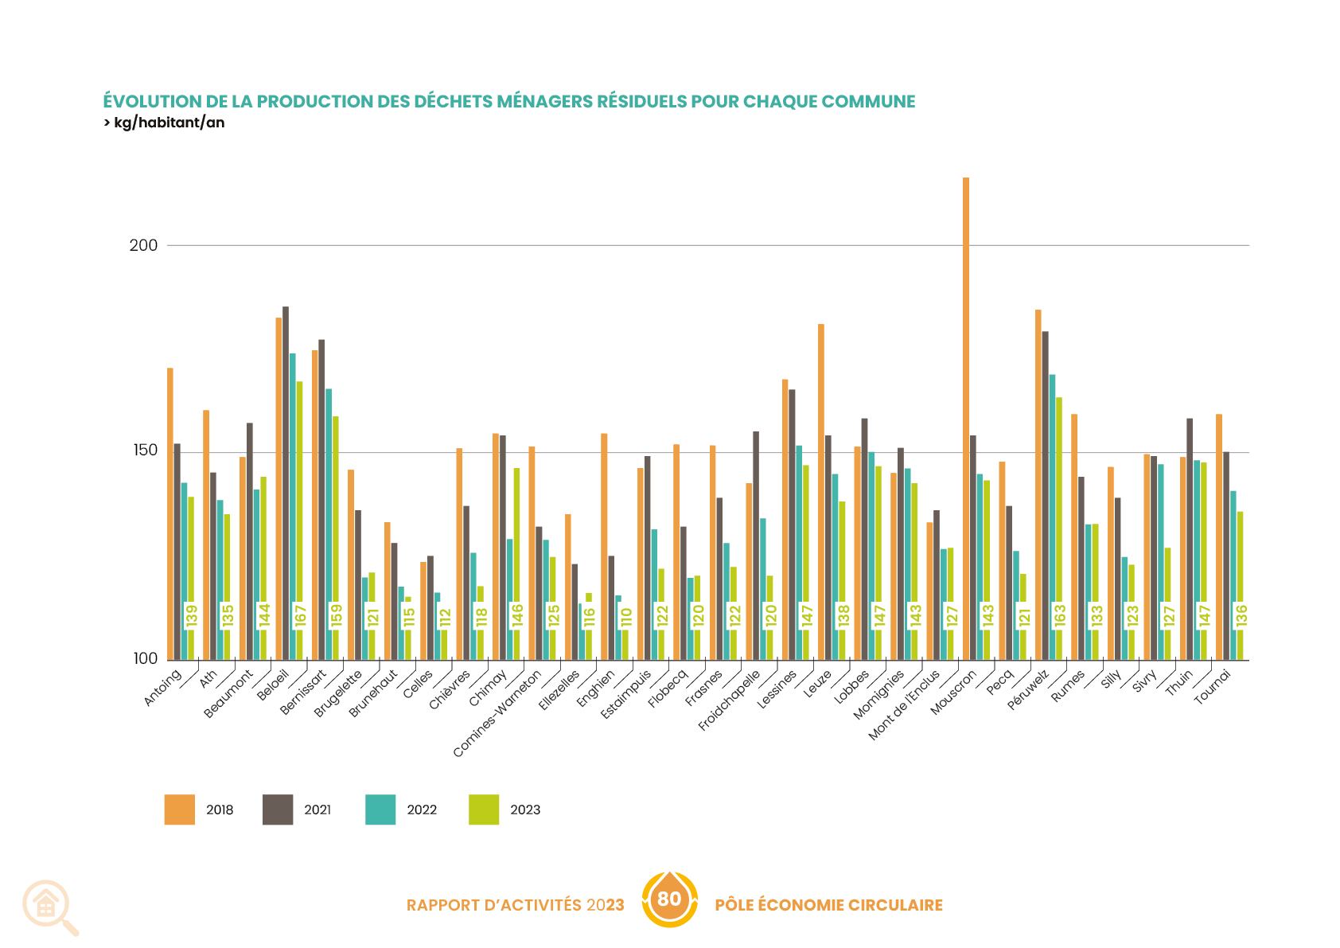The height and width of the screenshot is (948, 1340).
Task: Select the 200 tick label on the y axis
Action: pos(143,245)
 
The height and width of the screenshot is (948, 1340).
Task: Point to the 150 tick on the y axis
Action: pos(143,451)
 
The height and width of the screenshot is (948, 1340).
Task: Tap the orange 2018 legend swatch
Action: pos(180,810)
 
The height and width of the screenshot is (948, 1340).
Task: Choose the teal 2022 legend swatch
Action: pos(380,810)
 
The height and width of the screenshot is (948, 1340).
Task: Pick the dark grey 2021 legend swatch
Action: pos(278,810)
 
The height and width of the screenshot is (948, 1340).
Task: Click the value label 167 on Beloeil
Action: pos(301,616)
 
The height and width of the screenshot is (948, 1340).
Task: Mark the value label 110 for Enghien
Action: pos(626,617)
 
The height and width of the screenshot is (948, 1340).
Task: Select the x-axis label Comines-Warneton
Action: pos(497,713)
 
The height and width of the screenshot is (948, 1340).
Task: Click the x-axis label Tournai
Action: pos(1213,687)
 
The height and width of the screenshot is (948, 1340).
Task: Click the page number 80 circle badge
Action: pos(669,899)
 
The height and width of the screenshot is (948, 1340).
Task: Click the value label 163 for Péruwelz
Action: pos(1060,616)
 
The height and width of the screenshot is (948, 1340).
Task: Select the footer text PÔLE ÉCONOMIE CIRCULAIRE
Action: pos(828,905)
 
